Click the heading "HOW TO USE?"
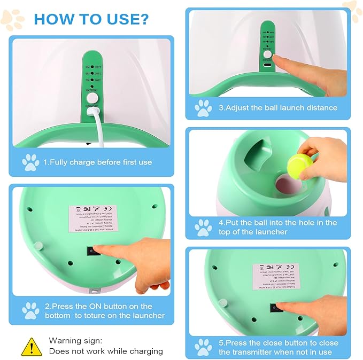pyautogui.click(x=91, y=19)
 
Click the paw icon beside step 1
pyautogui.click(x=30, y=161)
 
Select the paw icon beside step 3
pyautogui.click(x=203, y=107)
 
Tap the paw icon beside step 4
pyautogui.click(x=203, y=228)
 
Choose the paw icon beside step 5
pyautogui.click(x=203, y=347)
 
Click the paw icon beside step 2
pyautogui.click(x=30, y=310)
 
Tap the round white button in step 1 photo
pyautogui.click(x=92, y=99)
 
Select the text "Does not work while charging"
pyautogui.click(x=106, y=351)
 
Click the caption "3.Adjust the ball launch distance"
pyautogui.click(x=278, y=107)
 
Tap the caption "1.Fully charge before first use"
pyautogui.click(x=97, y=162)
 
